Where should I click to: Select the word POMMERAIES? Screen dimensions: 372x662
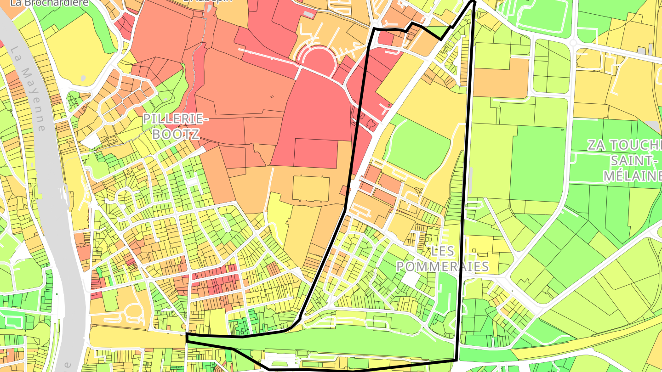(442, 267)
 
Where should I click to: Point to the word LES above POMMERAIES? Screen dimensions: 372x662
(443, 251)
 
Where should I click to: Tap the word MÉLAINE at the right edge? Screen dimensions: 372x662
(632, 175)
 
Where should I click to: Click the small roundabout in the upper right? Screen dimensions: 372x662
(573, 43)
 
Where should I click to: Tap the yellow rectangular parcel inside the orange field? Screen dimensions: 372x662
(311, 189)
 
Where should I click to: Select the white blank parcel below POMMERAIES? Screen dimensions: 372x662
(411, 279)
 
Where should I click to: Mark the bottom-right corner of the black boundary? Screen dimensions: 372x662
(456, 360)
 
